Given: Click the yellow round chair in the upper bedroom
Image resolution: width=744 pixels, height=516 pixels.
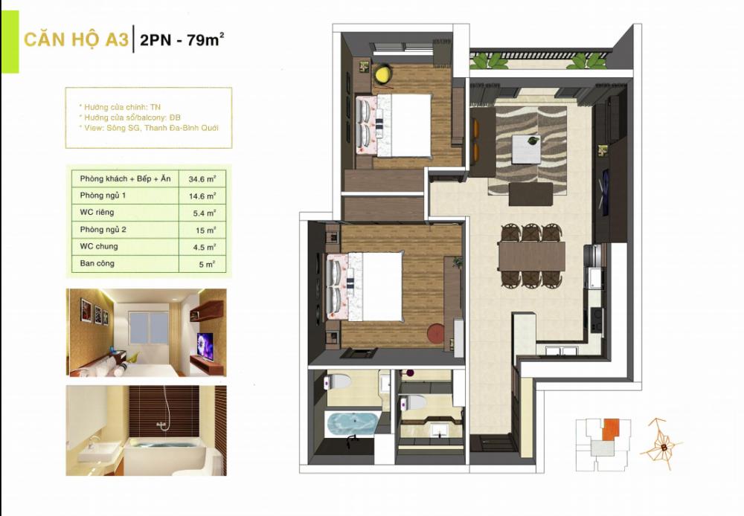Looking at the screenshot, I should coord(382,74).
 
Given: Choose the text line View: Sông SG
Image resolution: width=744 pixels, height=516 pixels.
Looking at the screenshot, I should coord(152,128).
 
